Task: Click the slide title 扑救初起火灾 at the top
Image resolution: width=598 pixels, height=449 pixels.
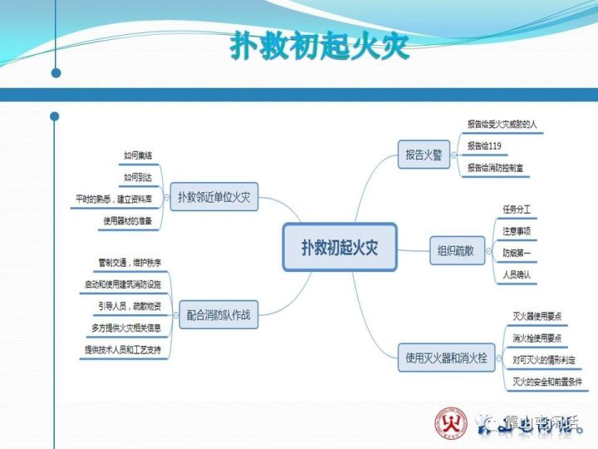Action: coord(319,47)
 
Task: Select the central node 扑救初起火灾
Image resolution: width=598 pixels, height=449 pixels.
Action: coord(340,247)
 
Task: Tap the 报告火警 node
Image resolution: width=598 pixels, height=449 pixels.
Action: coord(423,155)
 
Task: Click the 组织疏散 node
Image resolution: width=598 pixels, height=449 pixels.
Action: coord(457,249)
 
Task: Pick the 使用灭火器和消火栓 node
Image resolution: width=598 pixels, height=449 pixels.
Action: coord(448,358)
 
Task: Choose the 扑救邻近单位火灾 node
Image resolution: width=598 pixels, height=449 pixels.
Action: coord(213,198)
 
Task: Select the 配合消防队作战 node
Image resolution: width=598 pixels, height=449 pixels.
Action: coord(218,314)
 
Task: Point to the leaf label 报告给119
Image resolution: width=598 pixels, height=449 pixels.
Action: coord(484,146)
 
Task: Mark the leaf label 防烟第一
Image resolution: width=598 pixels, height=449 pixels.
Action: coord(516,252)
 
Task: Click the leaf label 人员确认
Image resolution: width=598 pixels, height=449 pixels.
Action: coord(516,274)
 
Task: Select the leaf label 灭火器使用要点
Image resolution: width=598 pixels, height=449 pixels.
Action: coord(537,317)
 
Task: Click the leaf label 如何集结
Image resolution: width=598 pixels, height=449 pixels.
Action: coord(137,155)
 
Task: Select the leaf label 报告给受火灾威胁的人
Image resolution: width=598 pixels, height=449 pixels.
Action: coord(502,125)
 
